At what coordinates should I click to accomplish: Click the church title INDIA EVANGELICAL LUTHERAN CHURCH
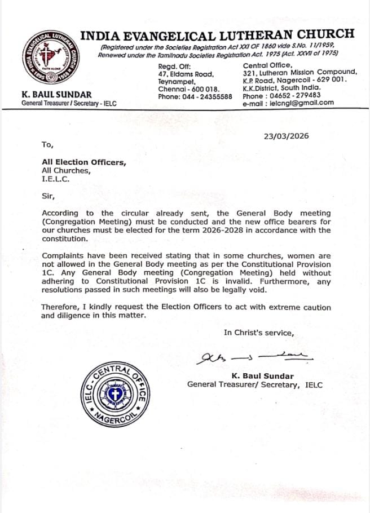tap(217, 34)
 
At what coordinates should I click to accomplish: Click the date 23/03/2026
tap(287, 136)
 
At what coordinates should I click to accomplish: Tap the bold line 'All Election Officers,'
tap(84, 162)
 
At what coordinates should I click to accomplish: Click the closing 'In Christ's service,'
tap(259, 333)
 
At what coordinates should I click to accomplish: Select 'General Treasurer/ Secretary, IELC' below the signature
tap(255, 384)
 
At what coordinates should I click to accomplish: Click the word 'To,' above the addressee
tap(47, 144)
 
